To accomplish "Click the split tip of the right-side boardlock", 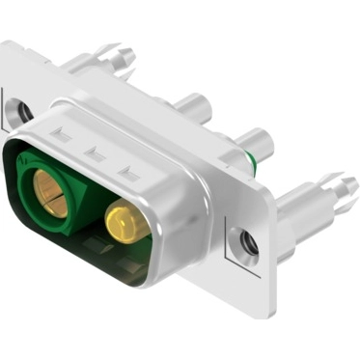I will click(346, 183).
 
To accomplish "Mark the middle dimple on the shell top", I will click(96, 152).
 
